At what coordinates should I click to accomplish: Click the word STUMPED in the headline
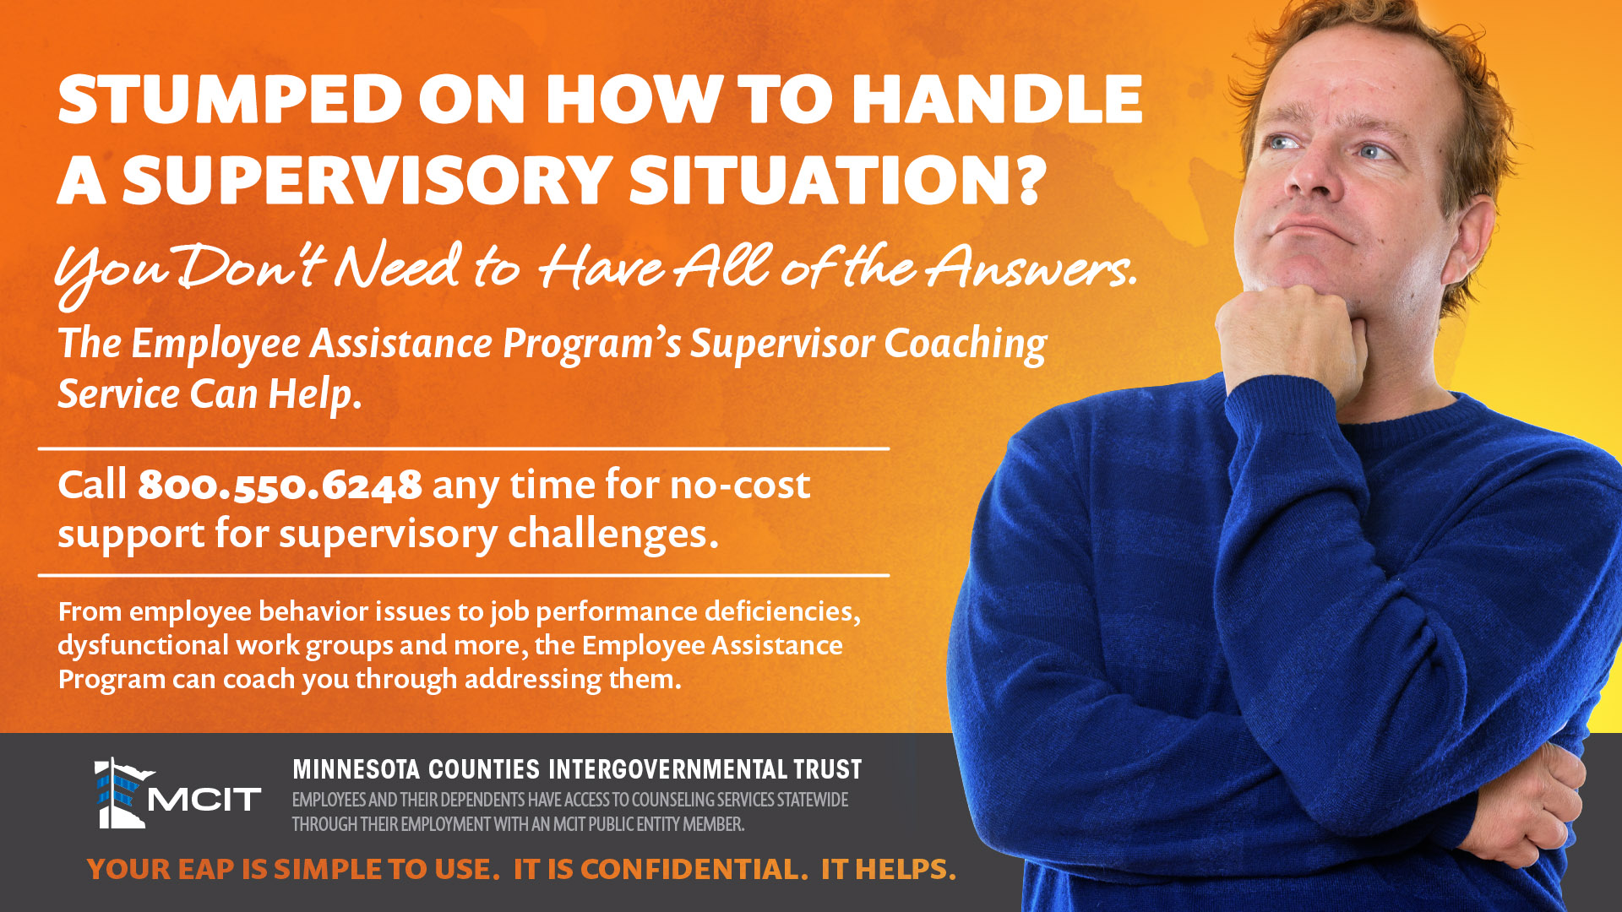coord(230,99)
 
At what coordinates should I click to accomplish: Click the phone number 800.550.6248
coord(280,485)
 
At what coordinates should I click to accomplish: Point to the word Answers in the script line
coord(1031,267)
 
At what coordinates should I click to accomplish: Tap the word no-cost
coord(740,486)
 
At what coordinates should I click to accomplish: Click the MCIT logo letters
coord(204,799)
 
